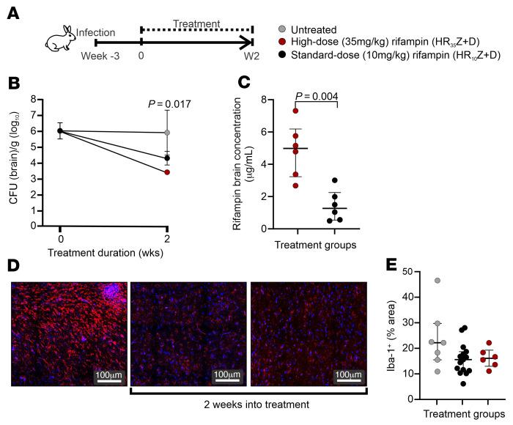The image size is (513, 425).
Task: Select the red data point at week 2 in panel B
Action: [168, 172]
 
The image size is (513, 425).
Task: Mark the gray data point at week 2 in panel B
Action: [168, 133]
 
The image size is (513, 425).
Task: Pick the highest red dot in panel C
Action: [295, 111]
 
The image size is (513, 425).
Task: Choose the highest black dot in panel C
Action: [335, 180]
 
